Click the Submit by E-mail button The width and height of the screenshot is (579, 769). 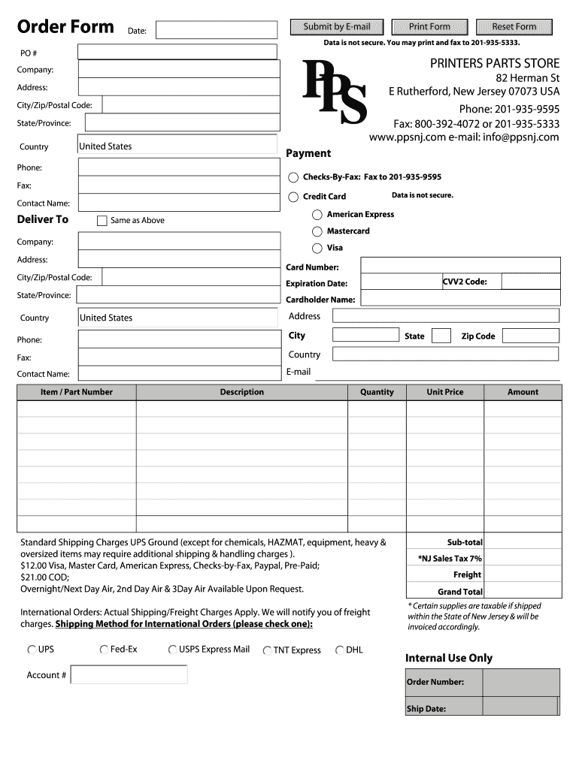tap(337, 27)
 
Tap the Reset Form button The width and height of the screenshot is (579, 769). tap(514, 27)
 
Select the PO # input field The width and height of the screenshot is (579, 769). tap(178, 51)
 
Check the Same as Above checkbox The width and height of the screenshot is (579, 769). tap(102, 221)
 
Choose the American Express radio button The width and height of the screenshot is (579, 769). tap(317, 215)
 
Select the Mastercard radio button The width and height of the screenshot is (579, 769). tap(317, 231)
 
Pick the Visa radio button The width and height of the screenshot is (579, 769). tap(317, 248)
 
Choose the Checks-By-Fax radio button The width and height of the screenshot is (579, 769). tap(293, 177)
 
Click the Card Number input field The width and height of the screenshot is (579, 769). tap(460, 265)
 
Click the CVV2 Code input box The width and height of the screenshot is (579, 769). tap(530, 282)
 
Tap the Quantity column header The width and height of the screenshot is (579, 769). tap(377, 392)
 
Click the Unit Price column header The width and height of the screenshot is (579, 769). tap(445, 392)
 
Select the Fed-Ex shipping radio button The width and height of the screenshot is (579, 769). tap(104, 650)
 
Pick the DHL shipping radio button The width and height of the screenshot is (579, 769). tap(340, 650)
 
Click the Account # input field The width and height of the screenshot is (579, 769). tap(129, 674)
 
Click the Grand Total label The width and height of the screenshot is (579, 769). tap(459, 592)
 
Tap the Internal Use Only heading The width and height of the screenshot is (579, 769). tap(449, 658)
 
